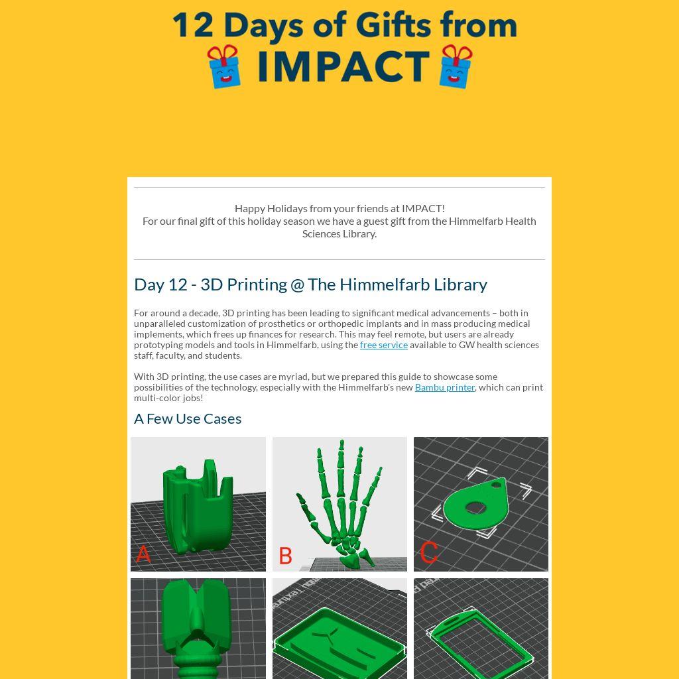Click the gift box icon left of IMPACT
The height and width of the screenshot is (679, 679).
[223, 66]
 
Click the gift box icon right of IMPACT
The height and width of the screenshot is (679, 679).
[456, 66]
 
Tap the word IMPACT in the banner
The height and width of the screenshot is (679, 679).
[343, 66]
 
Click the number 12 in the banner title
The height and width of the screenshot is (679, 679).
[193, 26]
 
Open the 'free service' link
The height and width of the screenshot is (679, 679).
[384, 345]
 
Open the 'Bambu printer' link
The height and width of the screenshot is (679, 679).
[445, 387]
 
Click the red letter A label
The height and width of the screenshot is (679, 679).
[143, 554]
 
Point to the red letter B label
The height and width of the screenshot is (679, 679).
[285, 556]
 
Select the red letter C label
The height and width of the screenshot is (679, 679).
[429, 552]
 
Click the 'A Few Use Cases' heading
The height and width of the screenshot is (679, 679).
[188, 419]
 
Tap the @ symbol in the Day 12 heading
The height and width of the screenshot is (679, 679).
[298, 285]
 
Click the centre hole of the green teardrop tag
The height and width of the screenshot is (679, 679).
[475, 507]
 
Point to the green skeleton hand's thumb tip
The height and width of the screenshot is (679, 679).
[298, 495]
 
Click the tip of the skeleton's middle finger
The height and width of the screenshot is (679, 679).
[341, 442]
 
